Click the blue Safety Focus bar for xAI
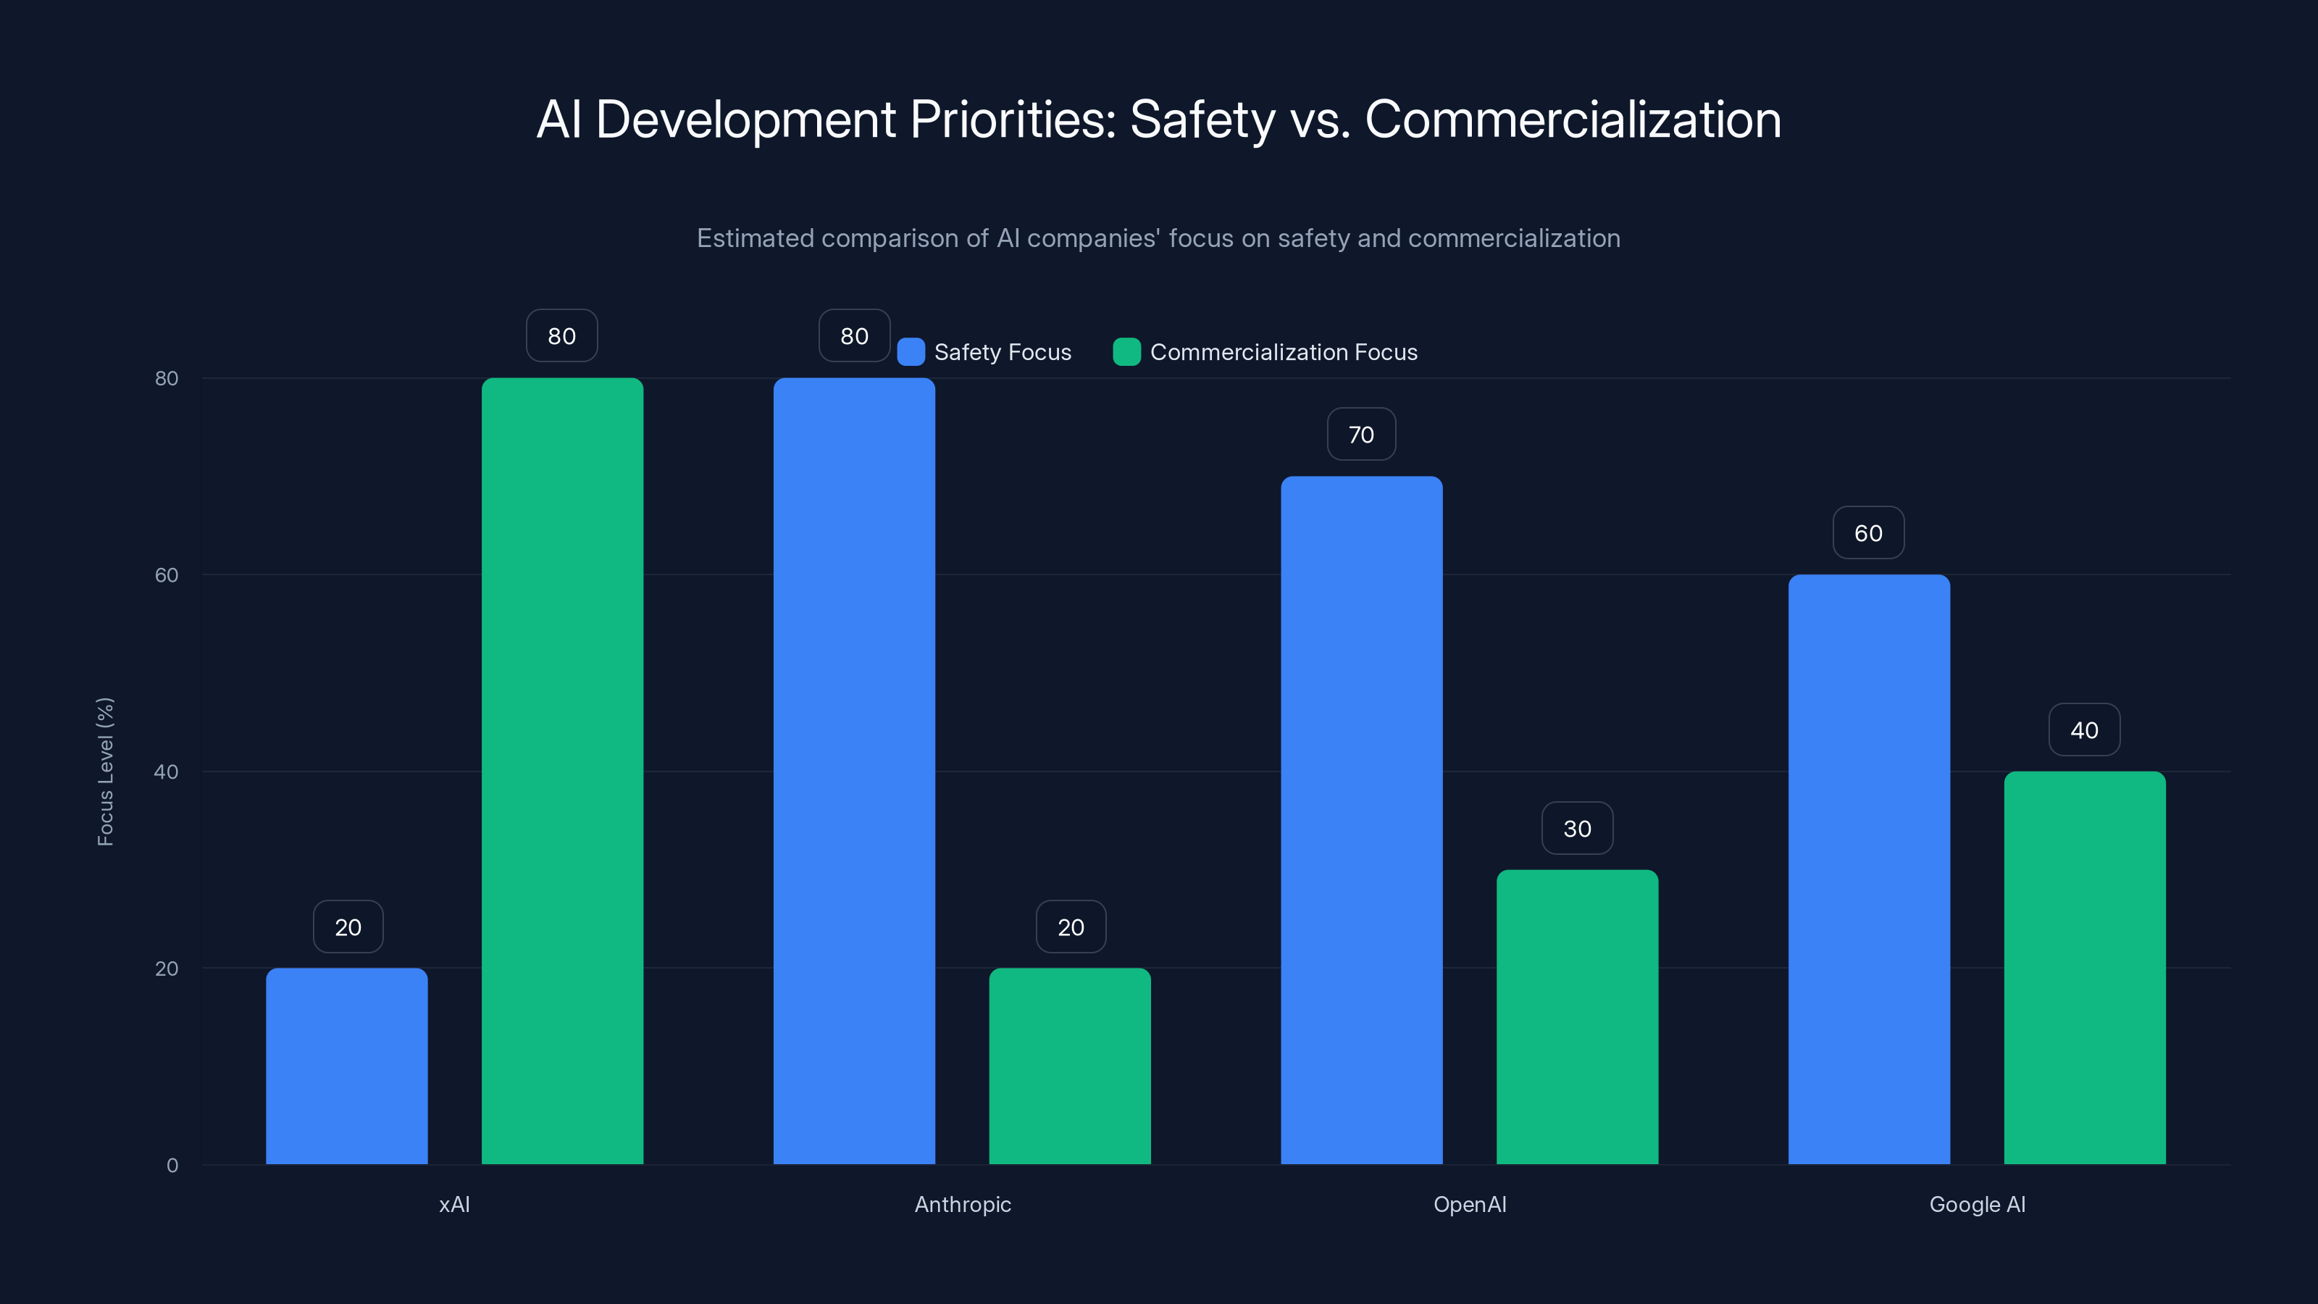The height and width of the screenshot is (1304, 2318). tap(346, 1066)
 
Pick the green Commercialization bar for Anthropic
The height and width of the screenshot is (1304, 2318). tap(1070, 1066)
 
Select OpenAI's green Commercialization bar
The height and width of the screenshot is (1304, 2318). tap(1578, 1017)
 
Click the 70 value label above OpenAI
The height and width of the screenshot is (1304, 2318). tap(1362, 435)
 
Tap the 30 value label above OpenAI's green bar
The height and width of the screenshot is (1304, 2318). tap(1578, 829)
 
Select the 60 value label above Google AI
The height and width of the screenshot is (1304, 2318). tap(1869, 534)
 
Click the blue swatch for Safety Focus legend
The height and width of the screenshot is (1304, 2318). tap(911, 352)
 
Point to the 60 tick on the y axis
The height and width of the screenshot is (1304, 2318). tap(167, 575)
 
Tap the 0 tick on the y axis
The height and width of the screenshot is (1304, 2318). tap(172, 1166)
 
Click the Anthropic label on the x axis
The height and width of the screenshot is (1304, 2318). tap(963, 1204)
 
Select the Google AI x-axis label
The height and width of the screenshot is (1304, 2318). tap(1977, 1204)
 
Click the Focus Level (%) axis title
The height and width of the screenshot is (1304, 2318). tap(105, 772)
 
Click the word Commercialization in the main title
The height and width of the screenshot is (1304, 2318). tap(1572, 120)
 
